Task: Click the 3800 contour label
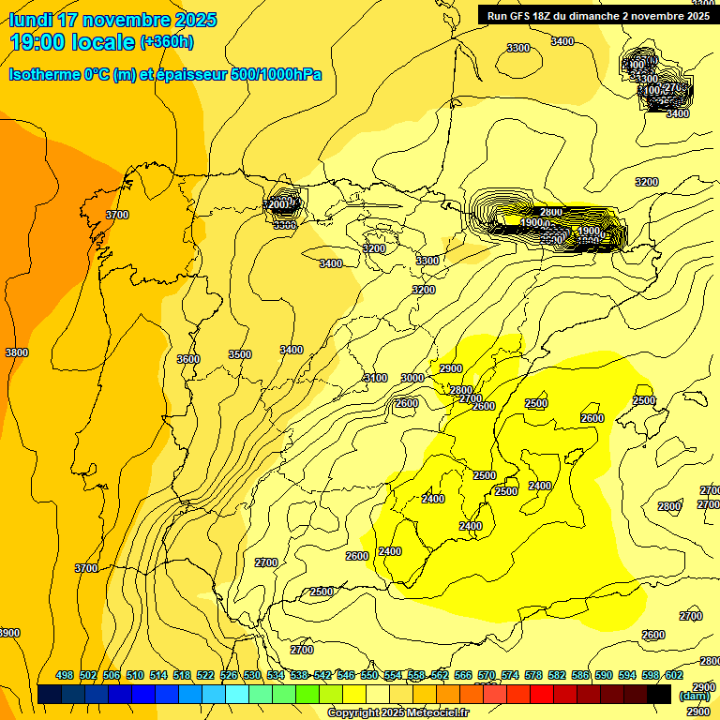pyautogui.click(x=16, y=352)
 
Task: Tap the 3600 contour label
pyautogui.click(x=188, y=359)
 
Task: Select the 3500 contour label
pyautogui.click(x=240, y=354)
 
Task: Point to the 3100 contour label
pyautogui.click(x=375, y=378)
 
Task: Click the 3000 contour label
pyautogui.click(x=412, y=378)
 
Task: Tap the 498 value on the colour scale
pyautogui.click(x=65, y=675)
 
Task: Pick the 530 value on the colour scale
pyautogui.click(x=252, y=675)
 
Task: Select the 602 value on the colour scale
pyautogui.click(x=674, y=675)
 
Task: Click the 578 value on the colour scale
pyautogui.click(x=533, y=675)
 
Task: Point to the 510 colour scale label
pyautogui.click(x=135, y=675)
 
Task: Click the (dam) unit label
pyautogui.click(x=694, y=696)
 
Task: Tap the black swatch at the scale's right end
pyautogui.click(x=659, y=694)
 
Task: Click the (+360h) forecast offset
pyautogui.click(x=167, y=41)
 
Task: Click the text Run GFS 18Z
pyautogui.click(x=520, y=16)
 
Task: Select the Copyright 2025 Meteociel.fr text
pyautogui.click(x=397, y=713)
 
